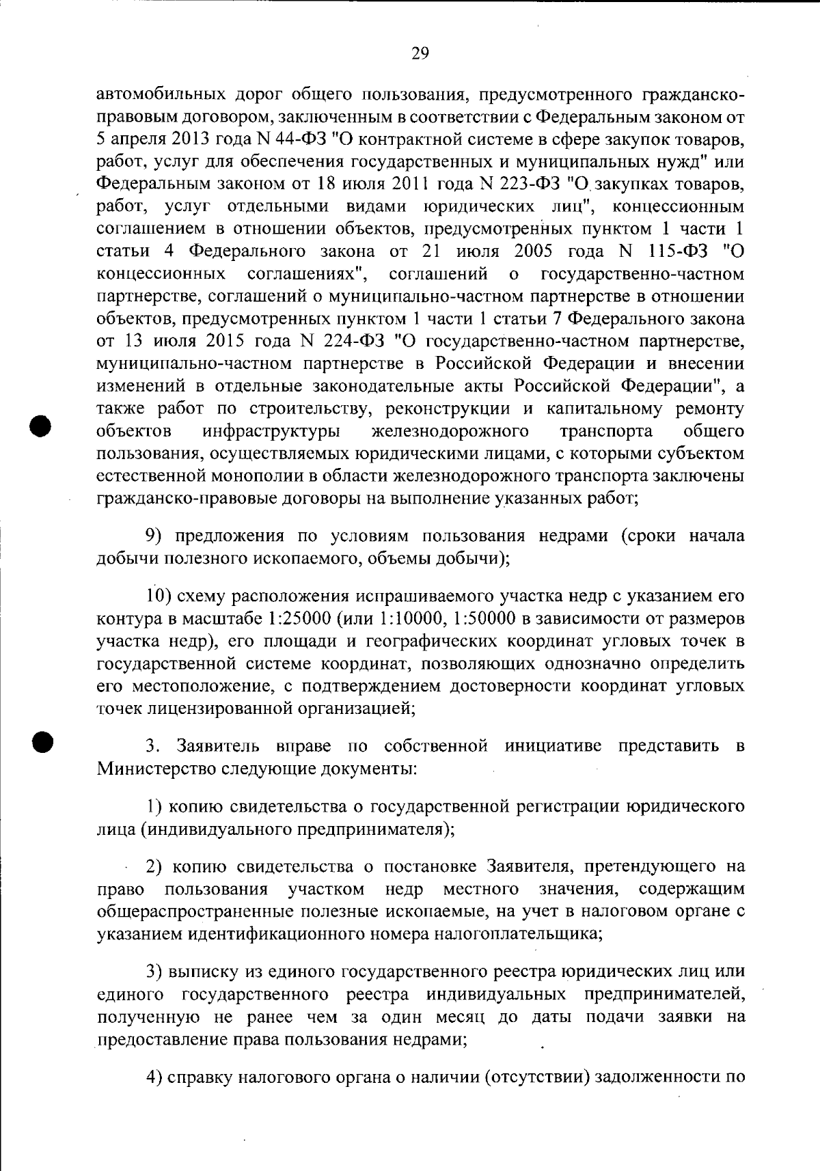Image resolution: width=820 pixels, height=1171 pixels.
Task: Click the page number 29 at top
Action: tap(420, 53)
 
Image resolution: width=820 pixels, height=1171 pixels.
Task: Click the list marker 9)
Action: tap(157, 536)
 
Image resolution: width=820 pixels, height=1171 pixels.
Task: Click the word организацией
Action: tap(356, 708)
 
